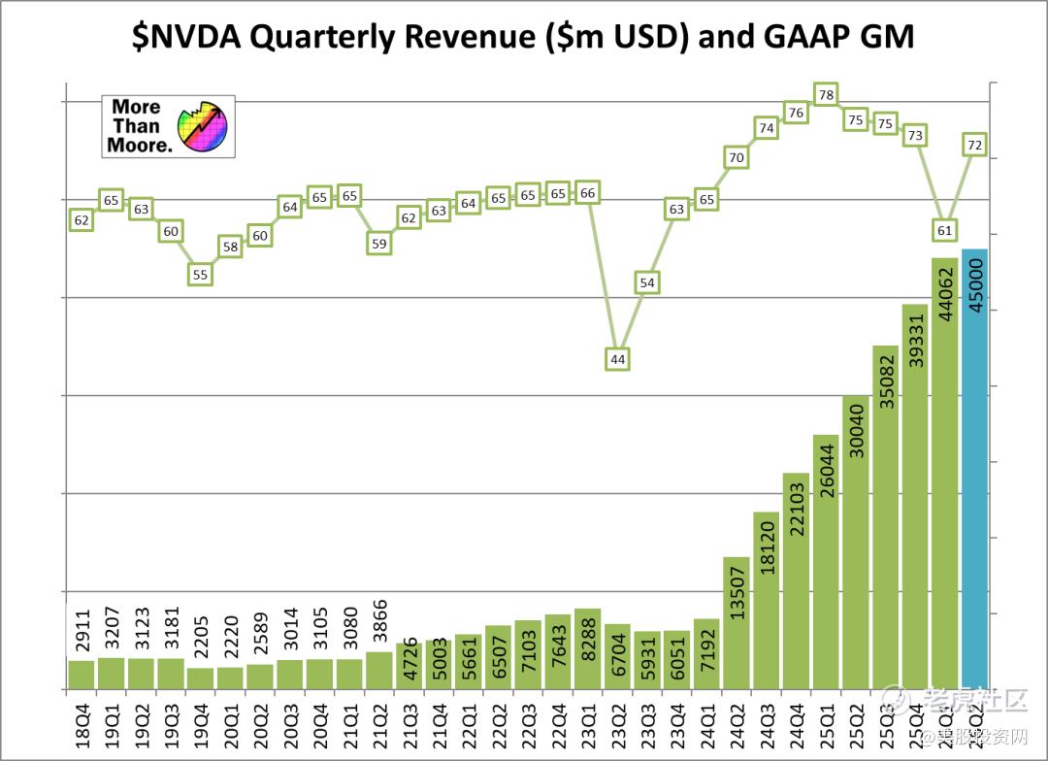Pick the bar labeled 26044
coord(826,562)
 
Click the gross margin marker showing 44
coord(617,359)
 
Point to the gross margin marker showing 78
coord(826,95)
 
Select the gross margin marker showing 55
coord(200,275)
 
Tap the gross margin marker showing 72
coord(975,145)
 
